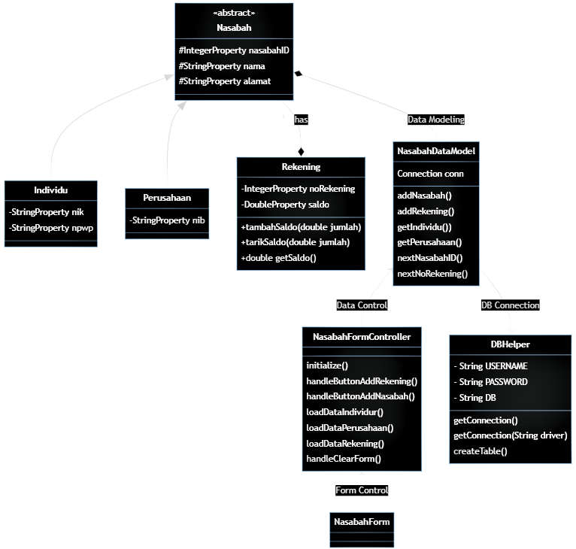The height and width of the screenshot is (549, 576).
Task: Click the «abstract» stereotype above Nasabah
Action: pos(234,13)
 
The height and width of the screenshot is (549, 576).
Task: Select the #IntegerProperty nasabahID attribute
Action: pos(234,50)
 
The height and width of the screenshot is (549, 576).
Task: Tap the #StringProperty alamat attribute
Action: pos(225,81)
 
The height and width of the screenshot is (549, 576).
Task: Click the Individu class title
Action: pos(50,190)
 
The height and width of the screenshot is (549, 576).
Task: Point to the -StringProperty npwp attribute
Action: pos(51,228)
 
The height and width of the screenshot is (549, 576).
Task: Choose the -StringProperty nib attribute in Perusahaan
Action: pos(166,220)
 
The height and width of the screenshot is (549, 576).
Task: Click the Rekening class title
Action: pos(300,167)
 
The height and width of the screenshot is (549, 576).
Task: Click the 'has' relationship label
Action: pos(301,119)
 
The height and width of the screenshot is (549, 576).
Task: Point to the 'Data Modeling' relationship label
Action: pos(435,119)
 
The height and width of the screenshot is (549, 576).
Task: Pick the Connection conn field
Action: pos(429,174)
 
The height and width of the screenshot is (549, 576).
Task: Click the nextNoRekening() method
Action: pos(432,274)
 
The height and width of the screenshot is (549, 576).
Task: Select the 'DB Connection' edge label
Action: pos(510,305)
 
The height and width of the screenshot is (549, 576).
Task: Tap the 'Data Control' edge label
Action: pos(362,305)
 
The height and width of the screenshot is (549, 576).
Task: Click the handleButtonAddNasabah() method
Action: pos(360,396)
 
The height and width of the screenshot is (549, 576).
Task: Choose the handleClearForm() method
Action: pos(344,459)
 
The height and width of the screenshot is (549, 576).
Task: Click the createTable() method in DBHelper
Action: pos(481,451)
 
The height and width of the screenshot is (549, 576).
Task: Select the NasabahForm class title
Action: pos(361,521)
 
